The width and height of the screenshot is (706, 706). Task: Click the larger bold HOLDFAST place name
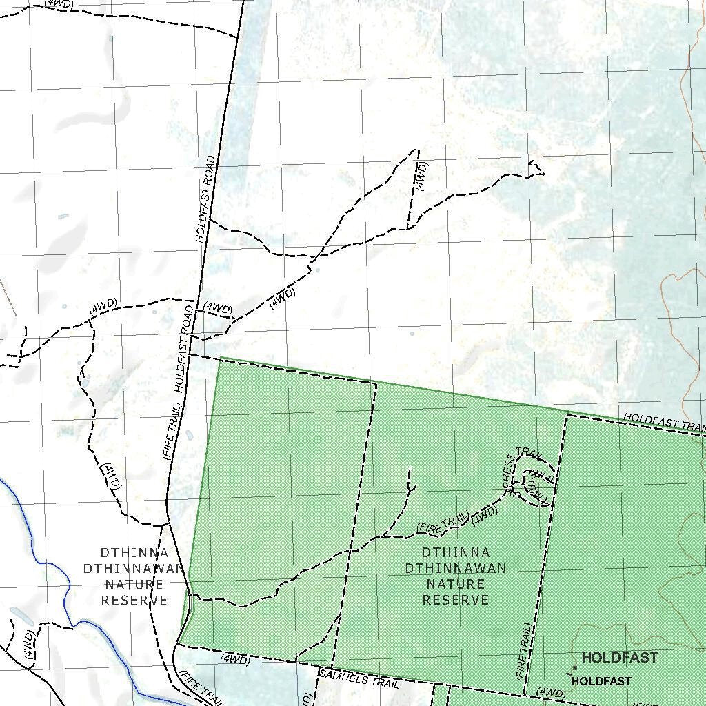(x=620, y=658)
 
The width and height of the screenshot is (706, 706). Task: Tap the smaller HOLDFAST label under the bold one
(x=601, y=681)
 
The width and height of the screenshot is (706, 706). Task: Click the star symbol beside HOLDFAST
(x=574, y=668)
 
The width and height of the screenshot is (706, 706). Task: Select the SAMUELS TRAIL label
(x=359, y=678)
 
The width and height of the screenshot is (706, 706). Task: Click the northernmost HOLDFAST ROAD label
(x=206, y=199)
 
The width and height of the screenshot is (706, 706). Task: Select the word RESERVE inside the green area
(x=456, y=600)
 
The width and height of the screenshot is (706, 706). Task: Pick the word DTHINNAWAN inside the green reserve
(x=456, y=568)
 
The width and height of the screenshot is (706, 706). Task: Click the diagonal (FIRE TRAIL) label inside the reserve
(x=443, y=522)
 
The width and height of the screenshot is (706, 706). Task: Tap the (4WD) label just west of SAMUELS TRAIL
(x=234, y=659)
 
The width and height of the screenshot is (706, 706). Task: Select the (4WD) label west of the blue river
(x=28, y=644)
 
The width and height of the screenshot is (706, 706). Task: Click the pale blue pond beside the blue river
(x=22, y=616)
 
